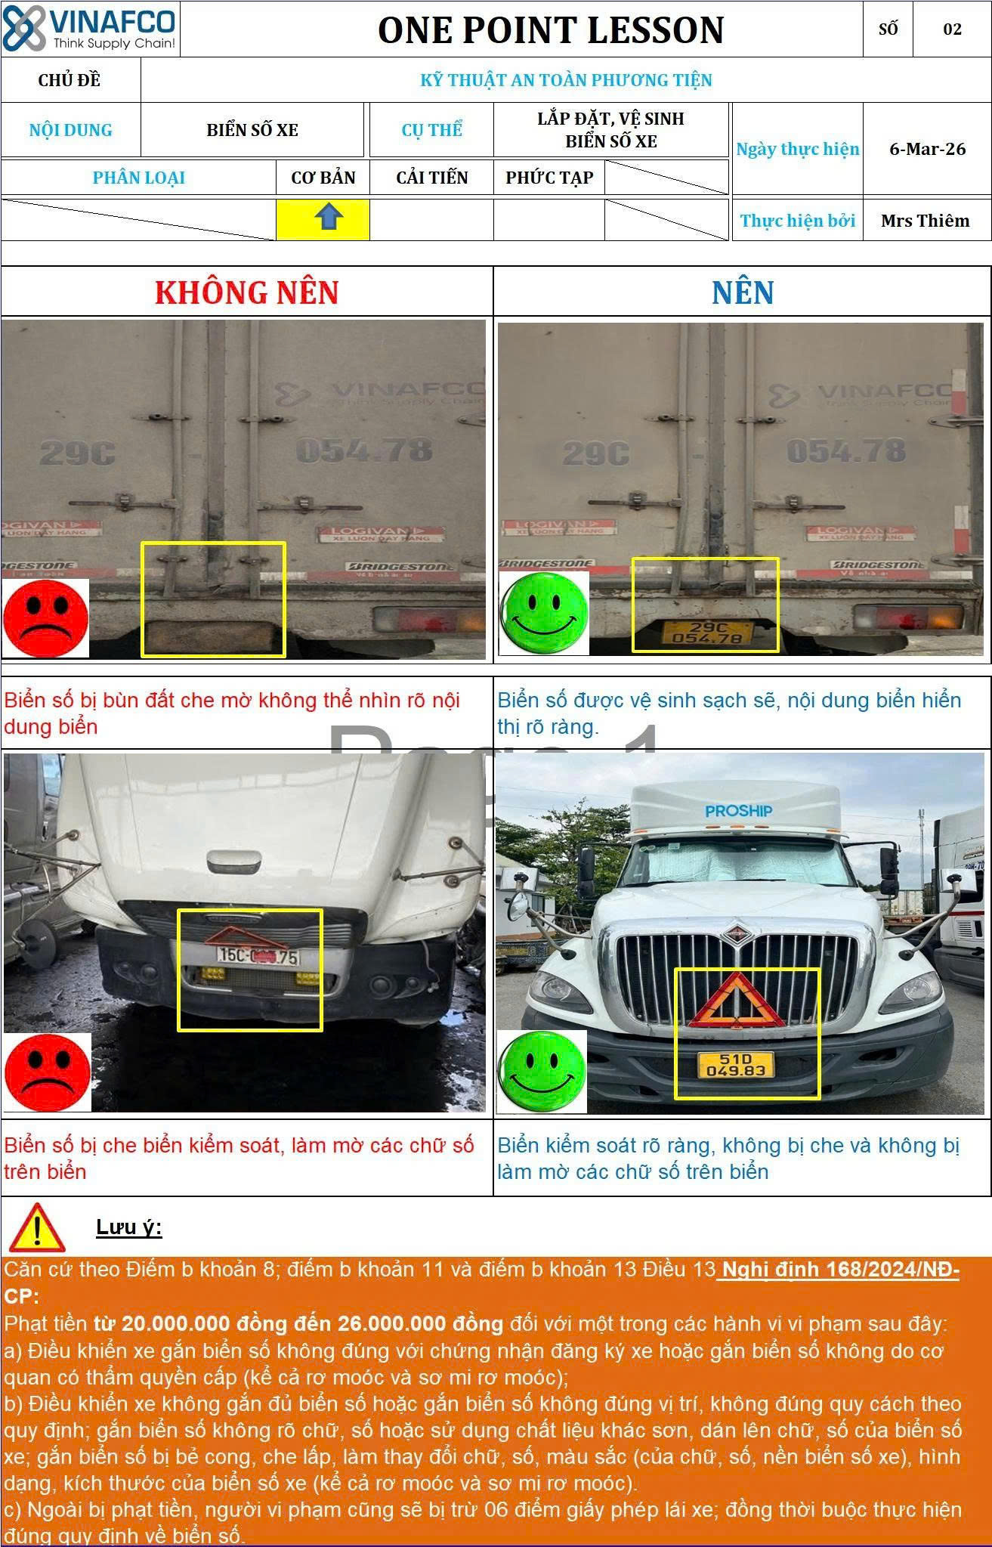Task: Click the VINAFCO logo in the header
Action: pyautogui.click(x=89, y=29)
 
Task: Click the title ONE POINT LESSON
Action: pyautogui.click(x=551, y=30)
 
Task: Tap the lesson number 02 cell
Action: pyautogui.click(x=952, y=29)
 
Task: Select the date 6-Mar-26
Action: pyautogui.click(x=927, y=149)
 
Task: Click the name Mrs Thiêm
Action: pyautogui.click(x=926, y=221)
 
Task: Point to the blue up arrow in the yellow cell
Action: pyautogui.click(x=329, y=218)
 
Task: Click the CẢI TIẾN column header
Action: pyautogui.click(x=432, y=178)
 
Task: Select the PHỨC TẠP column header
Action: pyautogui.click(x=549, y=178)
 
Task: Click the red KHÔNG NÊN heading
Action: pyautogui.click(x=246, y=292)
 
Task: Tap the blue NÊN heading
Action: pyautogui.click(x=743, y=292)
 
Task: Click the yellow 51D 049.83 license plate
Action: pyautogui.click(x=735, y=1065)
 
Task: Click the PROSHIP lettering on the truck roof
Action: pyautogui.click(x=738, y=811)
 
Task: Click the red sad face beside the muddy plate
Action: pyautogui.click(x=45, y=619)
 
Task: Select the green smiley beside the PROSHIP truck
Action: pyautogui.click(x=542, y=1072)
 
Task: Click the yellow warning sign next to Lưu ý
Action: pyautogui.click(x=36, y=1228)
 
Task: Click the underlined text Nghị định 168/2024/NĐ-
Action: pyautogui.click(x=839, y=1270)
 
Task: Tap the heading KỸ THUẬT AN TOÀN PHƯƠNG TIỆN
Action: pyautogui.click(x=566, y=80)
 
